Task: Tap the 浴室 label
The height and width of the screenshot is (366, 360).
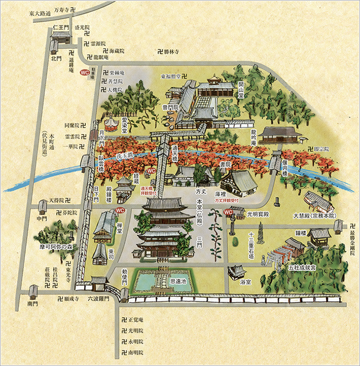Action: (x=240, y=282)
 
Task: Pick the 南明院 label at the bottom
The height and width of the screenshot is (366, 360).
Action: (x=135, y=352)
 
